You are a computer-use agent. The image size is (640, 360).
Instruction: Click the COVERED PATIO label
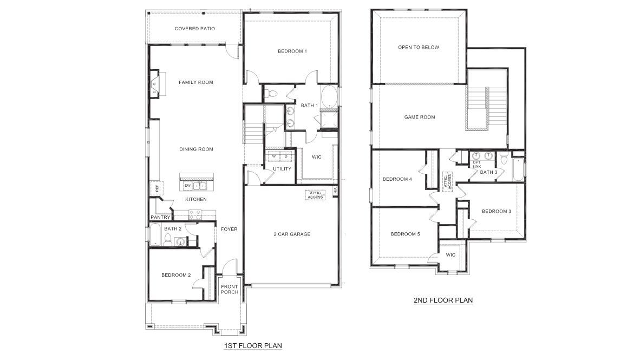click(195, 29)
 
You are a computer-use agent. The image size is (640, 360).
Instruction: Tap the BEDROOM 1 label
click(292, 51)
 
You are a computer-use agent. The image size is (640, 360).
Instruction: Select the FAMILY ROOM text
click(196, 83)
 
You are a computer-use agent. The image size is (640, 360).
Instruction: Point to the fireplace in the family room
click(155, 84)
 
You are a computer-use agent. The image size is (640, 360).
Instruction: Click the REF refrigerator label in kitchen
click(157, 188)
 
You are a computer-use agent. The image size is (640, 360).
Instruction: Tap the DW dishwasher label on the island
click(187, 186)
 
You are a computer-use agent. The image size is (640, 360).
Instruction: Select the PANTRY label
click(160, 218)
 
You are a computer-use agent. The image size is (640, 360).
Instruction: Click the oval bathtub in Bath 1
click(329, 97)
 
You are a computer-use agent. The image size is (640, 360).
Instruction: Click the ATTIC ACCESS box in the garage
click(315, 195)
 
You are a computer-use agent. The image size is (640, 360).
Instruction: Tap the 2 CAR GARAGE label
click(292, 234)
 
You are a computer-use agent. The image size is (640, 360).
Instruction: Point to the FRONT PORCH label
click(230, 290)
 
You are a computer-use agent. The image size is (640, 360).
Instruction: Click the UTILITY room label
click(282, 169)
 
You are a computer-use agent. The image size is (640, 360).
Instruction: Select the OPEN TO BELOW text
click(419, 48)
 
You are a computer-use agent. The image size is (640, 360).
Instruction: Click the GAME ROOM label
click(420, 117)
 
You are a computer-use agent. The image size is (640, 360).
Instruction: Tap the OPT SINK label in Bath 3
click(476, 165)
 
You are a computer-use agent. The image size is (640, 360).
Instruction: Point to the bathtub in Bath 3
click(518, 170)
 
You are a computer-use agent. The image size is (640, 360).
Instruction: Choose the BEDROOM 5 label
click(405, 234)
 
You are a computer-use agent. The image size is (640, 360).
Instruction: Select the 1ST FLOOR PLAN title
click(253, 345)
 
